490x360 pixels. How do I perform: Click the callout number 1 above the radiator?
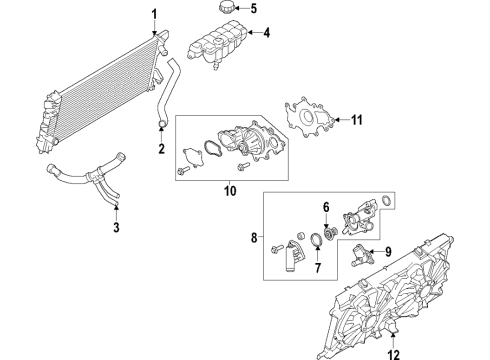[154, 14]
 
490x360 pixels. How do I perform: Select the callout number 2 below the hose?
[161, 150]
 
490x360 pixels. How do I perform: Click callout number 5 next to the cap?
[253, 10]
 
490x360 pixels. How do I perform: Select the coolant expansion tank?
[213, 46]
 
